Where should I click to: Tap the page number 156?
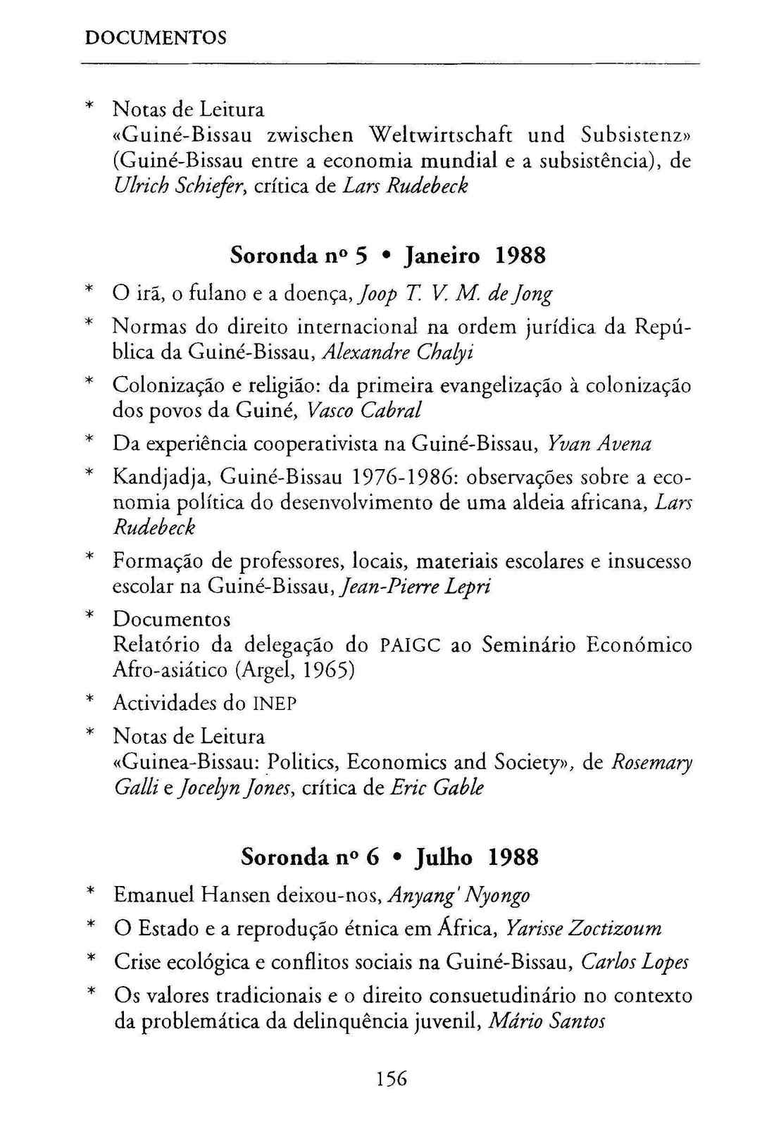(392, 1078)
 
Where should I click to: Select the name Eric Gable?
(437, 787)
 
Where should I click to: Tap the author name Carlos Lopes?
(635, 962)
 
